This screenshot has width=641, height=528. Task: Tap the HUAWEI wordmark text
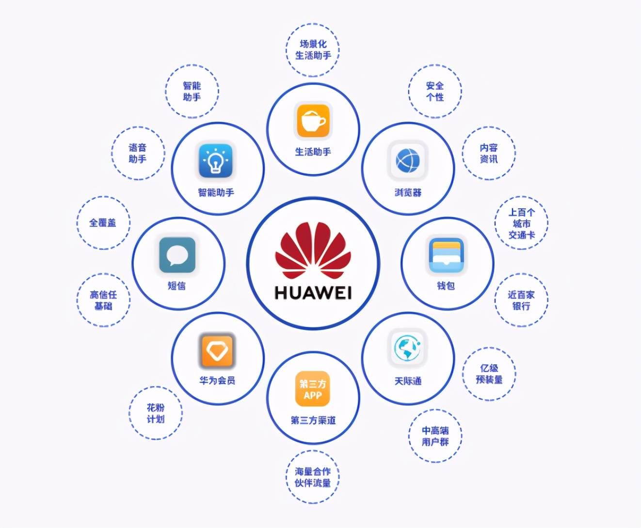(x=313, y=293)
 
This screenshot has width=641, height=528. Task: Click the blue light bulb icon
(x=216, y=161)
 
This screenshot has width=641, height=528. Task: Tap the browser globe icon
(x=408, y=161)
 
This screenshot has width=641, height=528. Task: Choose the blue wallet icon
(x=446, y=255)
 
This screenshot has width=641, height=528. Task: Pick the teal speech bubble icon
(x=177, y=255)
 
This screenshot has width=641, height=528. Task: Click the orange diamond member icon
(x=217, y=350)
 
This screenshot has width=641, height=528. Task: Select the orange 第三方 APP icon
(x=313, y=389)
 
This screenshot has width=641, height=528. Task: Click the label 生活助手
(x=313, y=152)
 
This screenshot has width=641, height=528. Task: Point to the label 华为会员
(x=217, y=381)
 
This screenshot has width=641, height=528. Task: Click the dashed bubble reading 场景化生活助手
(x=313, y=50)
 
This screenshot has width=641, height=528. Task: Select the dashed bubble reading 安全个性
(x=435, y=91)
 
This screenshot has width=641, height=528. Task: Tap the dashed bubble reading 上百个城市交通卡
(x=521, y=223)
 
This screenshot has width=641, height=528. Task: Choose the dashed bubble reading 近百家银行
(x=521, y=300)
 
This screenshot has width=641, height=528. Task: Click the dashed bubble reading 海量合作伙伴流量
(x=313, y=477)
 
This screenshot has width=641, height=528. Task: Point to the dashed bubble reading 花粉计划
(x=155, y=413)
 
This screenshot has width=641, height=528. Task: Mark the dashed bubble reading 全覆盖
(x=103, y=223)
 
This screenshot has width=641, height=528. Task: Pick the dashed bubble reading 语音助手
(x=138, y=153)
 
